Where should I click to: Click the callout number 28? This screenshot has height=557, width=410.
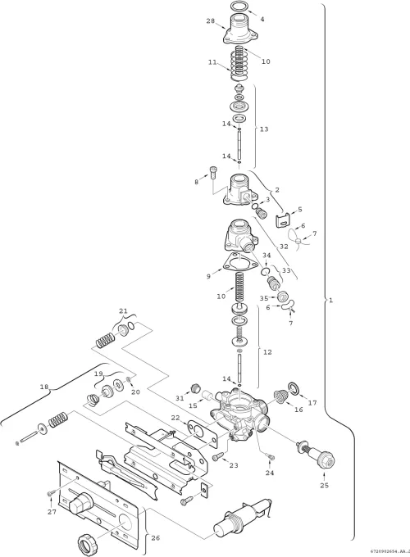(210, 21)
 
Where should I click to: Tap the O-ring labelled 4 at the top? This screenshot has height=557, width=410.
(239, 6)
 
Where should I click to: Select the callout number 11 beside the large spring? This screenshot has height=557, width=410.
(212, 61)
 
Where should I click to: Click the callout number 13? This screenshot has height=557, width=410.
(264, 129)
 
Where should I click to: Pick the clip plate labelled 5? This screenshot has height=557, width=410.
(281, 220)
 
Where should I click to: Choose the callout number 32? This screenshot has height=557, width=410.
(284, 247)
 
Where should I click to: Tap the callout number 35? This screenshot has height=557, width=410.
(264, 297)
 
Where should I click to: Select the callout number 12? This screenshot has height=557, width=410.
(267, 352)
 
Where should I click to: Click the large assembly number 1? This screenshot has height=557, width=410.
(331, 300)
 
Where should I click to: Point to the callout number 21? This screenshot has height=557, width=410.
(123, 310)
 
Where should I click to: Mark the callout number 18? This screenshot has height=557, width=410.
(44, 387)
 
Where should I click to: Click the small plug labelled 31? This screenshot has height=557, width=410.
(195, 387)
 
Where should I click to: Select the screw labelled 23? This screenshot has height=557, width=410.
(218, 456)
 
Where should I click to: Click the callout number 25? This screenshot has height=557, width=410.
(324, 485)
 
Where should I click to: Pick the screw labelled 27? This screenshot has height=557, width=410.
(51, 493)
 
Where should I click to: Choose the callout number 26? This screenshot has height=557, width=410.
(156, 538)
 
